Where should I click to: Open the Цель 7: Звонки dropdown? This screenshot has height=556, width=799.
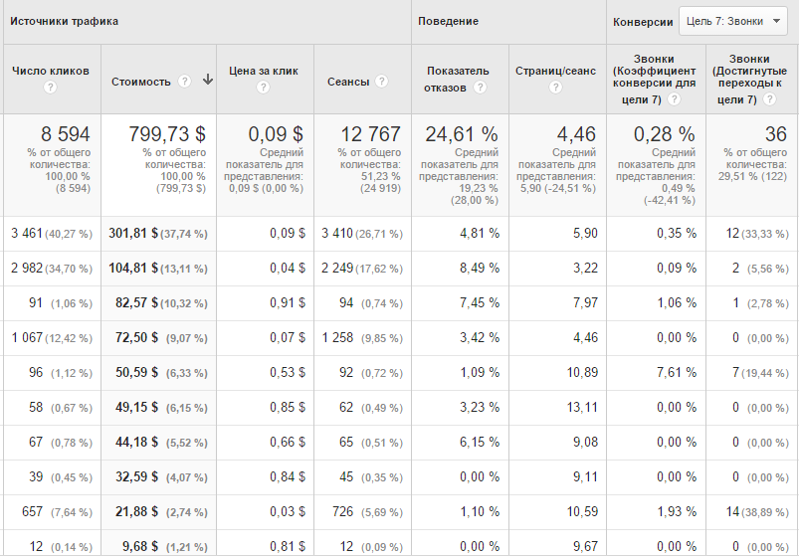click(x=732, y=21)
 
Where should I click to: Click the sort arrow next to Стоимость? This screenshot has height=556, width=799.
click(x=207, y=80)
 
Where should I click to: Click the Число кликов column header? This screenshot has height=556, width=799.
click(x=51, y=71)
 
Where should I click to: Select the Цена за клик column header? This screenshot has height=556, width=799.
click(x=264, y=71)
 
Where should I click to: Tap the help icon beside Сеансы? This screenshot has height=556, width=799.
click(x=381, y=81)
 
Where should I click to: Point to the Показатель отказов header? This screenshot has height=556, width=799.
click(x=458, y=79)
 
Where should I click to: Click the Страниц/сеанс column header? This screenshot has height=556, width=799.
click(x=555, y=71)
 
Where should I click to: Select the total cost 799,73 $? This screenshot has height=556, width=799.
click(x=167, y=134)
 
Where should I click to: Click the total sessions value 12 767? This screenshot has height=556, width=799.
click(x=370, y=134)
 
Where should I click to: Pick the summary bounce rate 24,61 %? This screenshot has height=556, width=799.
click(x=462, y=134)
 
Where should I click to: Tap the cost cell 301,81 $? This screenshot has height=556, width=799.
click(x=133, y=233)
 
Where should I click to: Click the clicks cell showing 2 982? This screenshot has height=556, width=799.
click(x=27, y=268)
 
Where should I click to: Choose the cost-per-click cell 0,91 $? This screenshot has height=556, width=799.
click(x=288, y=302)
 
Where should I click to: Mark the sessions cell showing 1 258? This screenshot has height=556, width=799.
click(x=337, y=337)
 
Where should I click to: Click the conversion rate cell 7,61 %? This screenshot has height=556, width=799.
click(x=677, y=372)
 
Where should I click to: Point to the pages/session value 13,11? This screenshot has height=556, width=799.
click(x=582, y=407)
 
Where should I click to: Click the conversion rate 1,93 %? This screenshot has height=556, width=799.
click(x=677, y=511)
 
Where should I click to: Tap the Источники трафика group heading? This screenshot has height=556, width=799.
click(x=65, y=22)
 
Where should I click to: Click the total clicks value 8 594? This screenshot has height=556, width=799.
click(x=66, y=134)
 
